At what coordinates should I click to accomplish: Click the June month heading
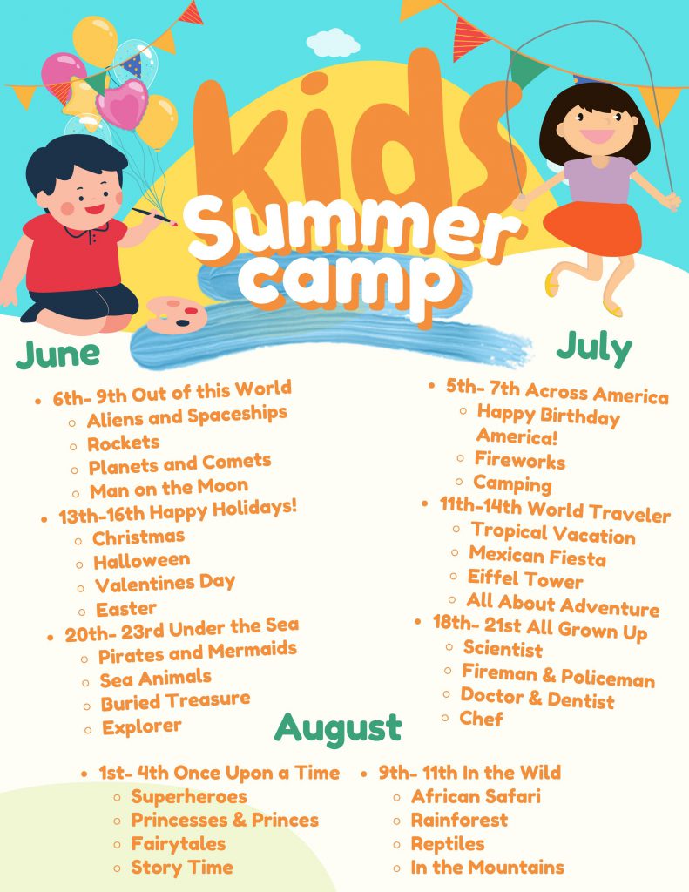[58, 355]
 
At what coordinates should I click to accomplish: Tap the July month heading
[594, 348]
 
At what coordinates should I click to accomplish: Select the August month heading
[338, 729]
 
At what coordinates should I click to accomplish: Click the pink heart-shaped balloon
[122, 104]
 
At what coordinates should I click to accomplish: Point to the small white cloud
[333, 44]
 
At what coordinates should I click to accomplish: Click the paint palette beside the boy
[176, 314]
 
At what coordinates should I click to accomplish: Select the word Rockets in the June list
[124, 443]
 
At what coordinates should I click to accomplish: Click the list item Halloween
[142, 561]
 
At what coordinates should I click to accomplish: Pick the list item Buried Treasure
[175, 701]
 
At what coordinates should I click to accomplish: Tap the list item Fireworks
[520, 460]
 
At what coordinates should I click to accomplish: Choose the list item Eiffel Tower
[525, 578]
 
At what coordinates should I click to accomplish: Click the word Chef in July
[482, 719]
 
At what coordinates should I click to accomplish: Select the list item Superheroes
[189, 796]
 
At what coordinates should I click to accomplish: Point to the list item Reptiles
[448, 843]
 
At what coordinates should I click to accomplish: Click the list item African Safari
[476, 796]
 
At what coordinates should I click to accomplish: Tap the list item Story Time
[182, 867]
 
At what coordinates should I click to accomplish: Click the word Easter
[125, 609]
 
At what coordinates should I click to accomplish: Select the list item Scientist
[503, 648]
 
